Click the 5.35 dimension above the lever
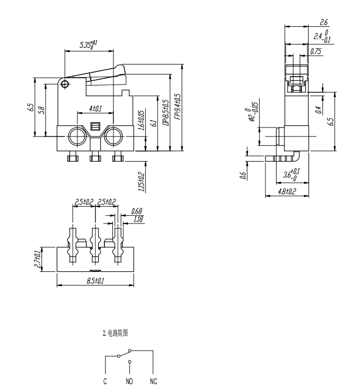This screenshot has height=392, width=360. click(88, 45)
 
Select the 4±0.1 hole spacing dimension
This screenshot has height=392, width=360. click(95, 109)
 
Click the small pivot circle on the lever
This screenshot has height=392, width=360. click(65, 84)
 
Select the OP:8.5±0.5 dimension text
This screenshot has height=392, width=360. click(166, 112)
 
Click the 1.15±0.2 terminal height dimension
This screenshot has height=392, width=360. click(141, 182)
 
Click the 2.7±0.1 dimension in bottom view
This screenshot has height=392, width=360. click(38, 260)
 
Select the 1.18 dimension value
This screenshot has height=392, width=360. click(138, 219)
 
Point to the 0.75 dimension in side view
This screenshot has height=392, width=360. click(316, 51)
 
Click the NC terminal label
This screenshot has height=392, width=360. click(153, 382)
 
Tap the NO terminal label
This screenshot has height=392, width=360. click(129, 382)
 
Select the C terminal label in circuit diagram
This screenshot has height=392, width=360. click(105, 382)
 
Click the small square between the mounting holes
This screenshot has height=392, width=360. click(95, 126)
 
